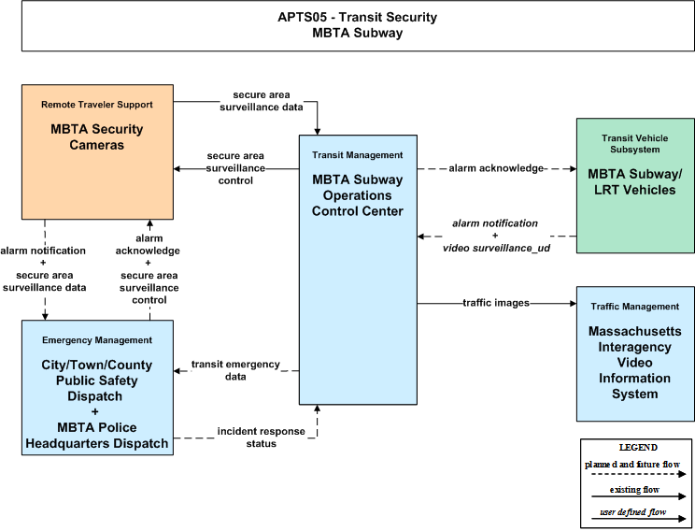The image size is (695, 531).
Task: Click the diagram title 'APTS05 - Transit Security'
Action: pos(357,17)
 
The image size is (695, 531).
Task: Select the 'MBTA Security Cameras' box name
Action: pos(96,137)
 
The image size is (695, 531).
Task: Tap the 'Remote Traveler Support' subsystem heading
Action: pos(96,105)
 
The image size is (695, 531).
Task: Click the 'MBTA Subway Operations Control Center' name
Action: pos(357,195)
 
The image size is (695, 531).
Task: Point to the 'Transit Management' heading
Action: pos(357,155)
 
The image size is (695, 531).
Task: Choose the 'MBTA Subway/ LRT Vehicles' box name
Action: pos(634,182)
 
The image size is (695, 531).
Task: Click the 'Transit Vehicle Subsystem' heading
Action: pos(634,144)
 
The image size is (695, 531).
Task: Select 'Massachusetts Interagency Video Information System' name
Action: pos(634,363)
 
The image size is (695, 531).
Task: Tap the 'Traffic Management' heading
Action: pos(634,307)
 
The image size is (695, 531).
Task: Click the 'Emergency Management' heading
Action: pos(96,340)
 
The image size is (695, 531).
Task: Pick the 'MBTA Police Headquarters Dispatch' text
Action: pos(96,436)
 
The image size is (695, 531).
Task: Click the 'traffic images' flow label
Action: pos(496,303)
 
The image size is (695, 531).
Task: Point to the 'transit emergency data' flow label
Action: pos(235,370)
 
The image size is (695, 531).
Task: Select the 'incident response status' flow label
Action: pos(261,438)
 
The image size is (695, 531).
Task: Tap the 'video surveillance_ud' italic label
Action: pos(496,248)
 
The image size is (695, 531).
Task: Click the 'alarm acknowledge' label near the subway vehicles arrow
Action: pos(496,168)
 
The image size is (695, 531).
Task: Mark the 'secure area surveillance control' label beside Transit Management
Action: pos(235,168)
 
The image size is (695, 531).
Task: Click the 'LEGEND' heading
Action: pos(638,447)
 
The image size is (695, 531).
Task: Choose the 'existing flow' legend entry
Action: pos(634,490)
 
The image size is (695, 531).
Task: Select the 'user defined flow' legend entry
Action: pos(633,512)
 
